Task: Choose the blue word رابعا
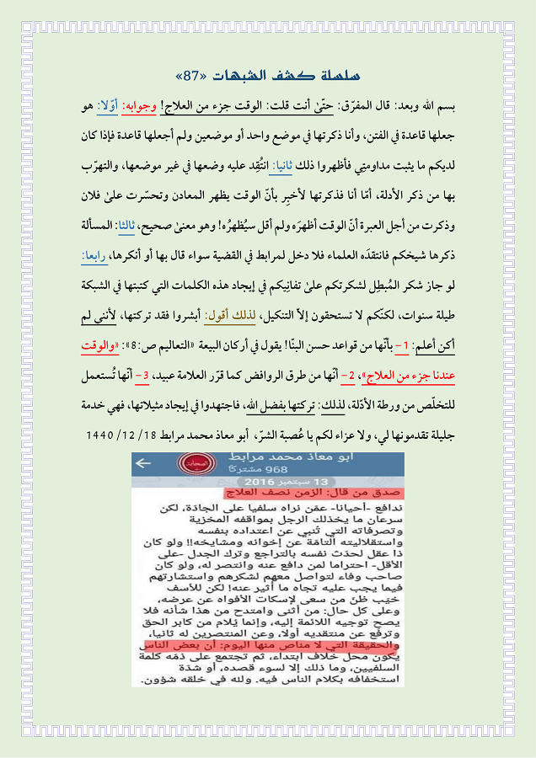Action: tap(97, 255)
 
